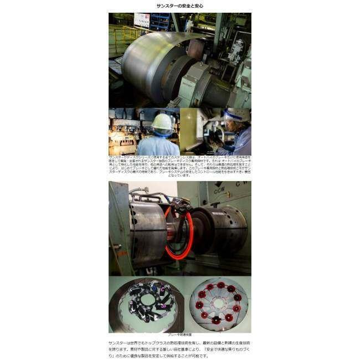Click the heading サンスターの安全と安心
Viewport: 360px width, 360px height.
point(179,6)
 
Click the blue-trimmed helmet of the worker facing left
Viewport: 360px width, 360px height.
point(237,115)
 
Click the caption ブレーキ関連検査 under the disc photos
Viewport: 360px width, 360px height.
point(179,335)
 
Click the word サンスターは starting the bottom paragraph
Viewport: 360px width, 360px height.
point(121,343)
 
